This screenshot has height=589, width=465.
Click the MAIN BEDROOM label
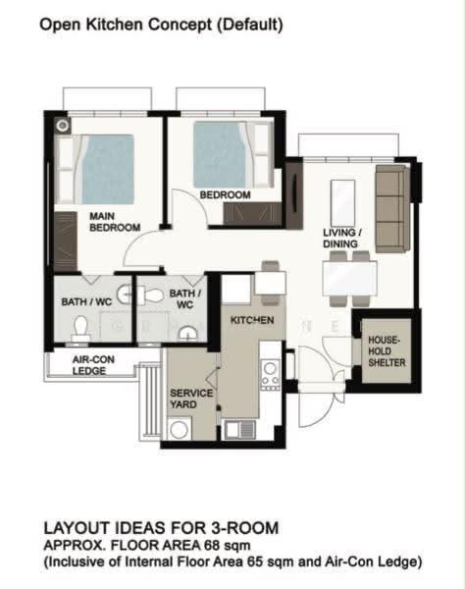[115, 222]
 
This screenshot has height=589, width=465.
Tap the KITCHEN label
[252, 320]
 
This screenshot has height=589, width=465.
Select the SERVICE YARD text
[191, 399]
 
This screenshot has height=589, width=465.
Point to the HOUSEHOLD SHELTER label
[387, 351]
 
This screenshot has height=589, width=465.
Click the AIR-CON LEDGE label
[93, 365]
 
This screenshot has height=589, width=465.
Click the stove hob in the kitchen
[270, 375]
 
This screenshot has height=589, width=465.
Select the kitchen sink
[240, 430]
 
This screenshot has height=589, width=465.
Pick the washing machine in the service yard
[179, 429]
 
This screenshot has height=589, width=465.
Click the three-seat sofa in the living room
[392, 209]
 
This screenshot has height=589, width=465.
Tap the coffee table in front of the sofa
[342, 203]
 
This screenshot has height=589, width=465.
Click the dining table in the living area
[349, 279]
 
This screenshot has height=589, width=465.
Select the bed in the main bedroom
[95, 169]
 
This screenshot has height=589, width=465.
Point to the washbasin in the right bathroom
[187, 334]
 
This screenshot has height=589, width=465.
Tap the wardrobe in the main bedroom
[66, 241]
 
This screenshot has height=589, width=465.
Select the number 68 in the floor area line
[213, 545]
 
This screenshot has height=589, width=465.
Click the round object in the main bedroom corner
[63, 126]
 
